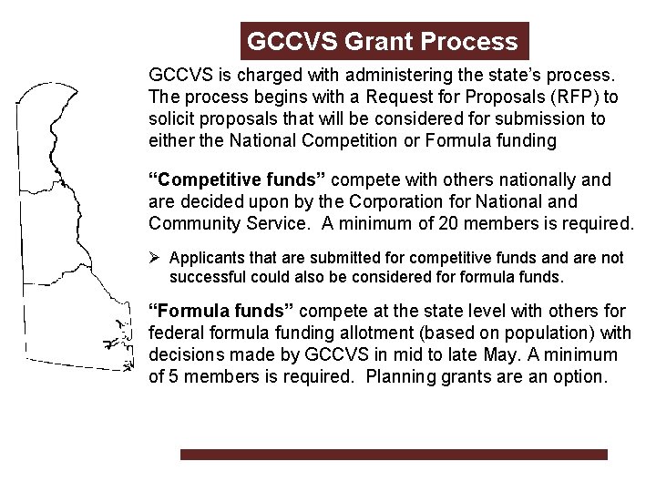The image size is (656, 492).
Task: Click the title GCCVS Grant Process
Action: tap(383, 42)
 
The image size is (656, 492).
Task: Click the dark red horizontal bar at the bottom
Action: tap(393, 454)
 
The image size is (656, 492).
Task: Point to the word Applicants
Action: tap(201, 257)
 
